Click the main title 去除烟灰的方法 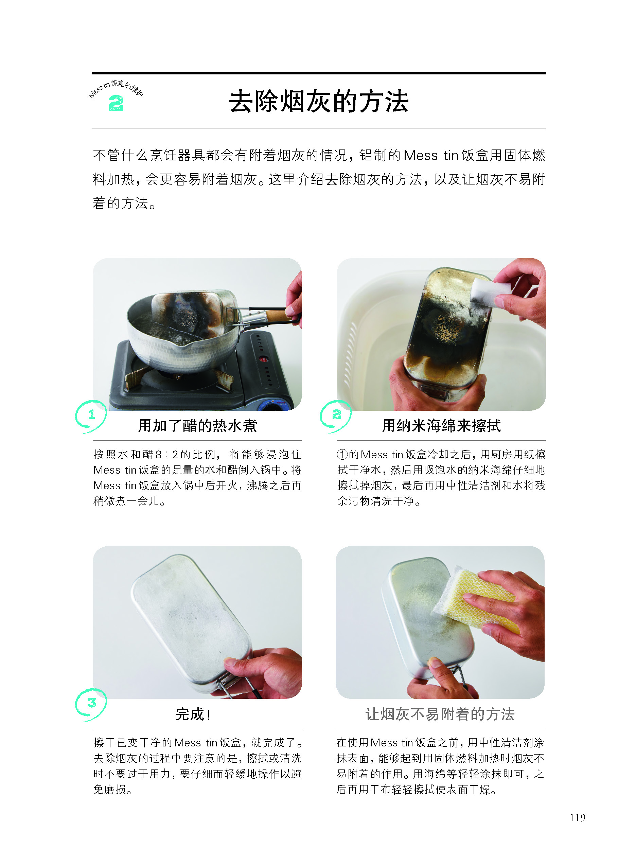pyautogui.click(x=319, y=102)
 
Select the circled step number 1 pyautogui.click(x=91, y=415)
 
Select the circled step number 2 pyautogui.click(x=336, y=415)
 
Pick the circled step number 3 pyautogui.click(x=91, y=703)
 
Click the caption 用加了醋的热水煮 pyautogui.click(x=197, y=426)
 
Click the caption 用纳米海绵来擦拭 pyautogui.click(x=441, y=426)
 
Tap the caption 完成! pyautogui.click(x=193, y=714)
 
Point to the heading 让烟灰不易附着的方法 pyautogui.click(x=440, y=714)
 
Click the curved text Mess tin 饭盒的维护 pyautogui.click(x=116, y=88)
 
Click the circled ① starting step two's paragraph pyautogui.click(x=342, y=455)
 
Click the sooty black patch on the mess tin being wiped pyautogui.click(x=438, y=342)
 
